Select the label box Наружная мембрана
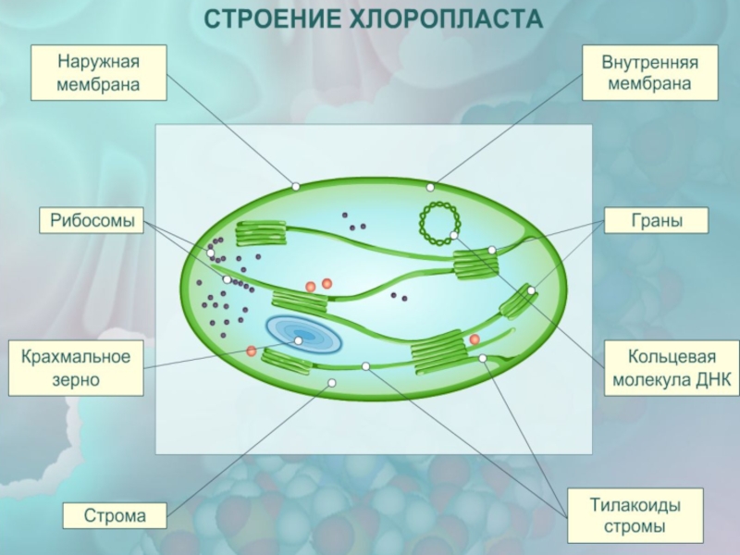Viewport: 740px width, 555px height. pos(98,74)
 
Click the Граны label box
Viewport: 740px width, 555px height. pos(656,221)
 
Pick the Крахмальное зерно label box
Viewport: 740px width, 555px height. pos(76,367)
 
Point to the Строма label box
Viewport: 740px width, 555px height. pos(115,516)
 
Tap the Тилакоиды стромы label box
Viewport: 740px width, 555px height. pos(635,516)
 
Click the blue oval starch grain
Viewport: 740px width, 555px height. pos(303,336)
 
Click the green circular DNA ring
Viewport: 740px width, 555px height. pos(438,223)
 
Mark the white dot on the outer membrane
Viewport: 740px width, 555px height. pos(296,186)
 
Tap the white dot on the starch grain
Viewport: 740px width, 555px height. pos(299,340)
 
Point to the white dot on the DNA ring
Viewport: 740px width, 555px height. pos(454,235)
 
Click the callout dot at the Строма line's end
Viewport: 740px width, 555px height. pos(332,382)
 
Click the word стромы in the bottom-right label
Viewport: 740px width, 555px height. pos(635,528)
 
